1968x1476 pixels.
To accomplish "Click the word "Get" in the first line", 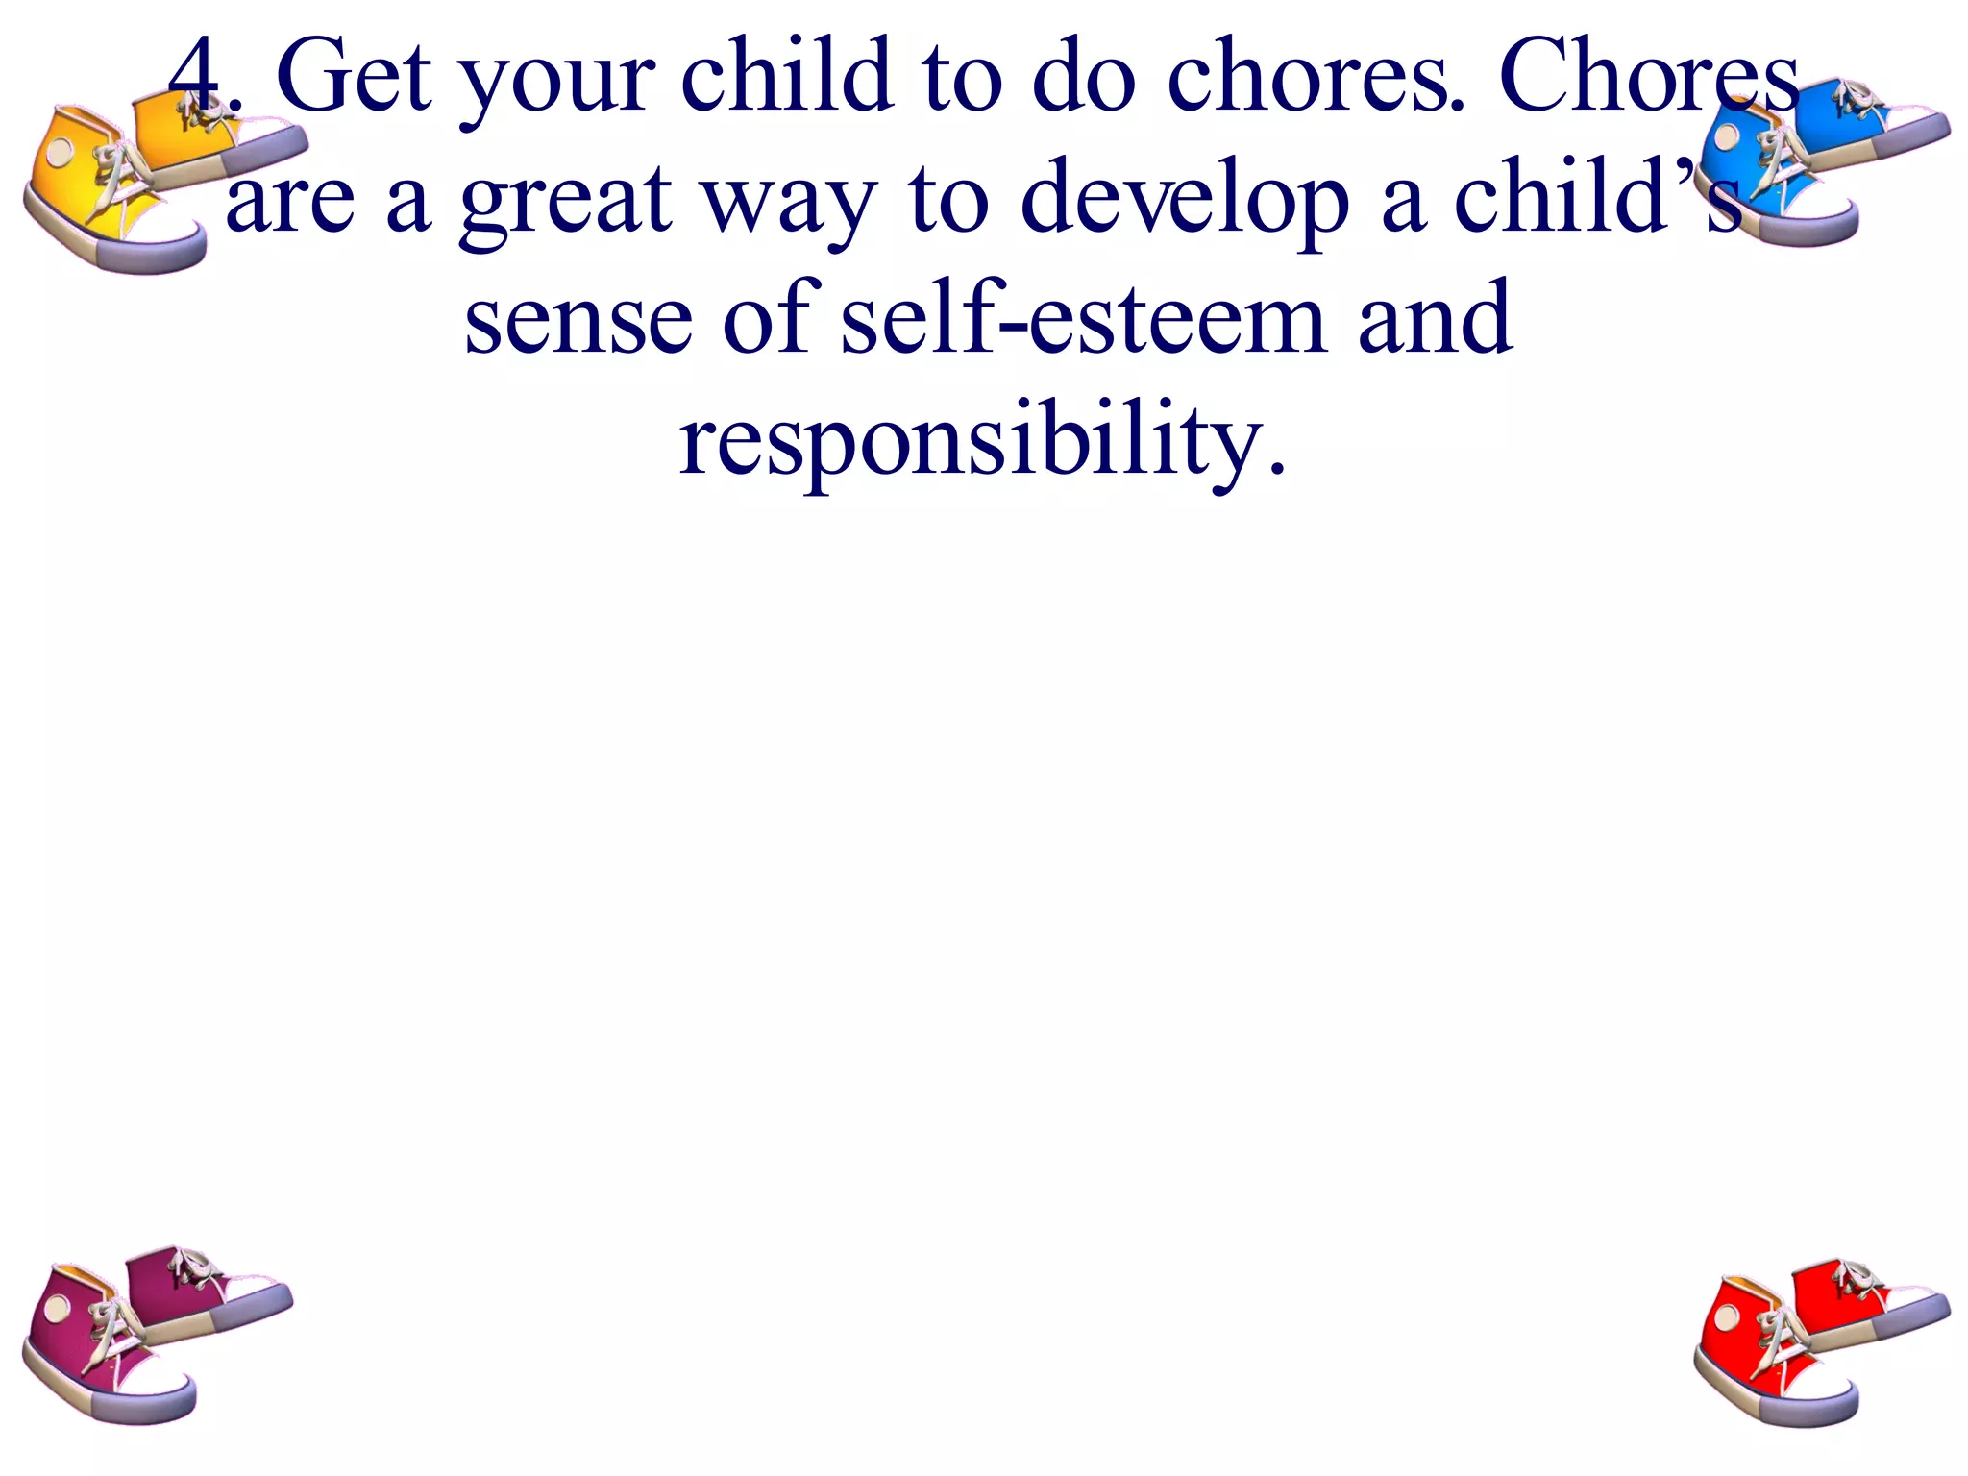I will [x=354, y=77].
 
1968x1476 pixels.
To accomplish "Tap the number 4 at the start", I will [x=199, y=77].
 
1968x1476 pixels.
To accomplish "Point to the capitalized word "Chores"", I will [x=1648, y=77].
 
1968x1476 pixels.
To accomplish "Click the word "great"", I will [x=566, y=202].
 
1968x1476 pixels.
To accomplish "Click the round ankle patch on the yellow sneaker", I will [x=61, y=152].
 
